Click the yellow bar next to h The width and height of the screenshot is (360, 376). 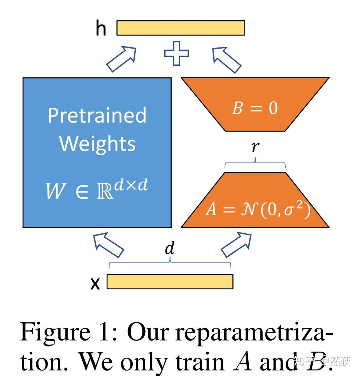point(181,28)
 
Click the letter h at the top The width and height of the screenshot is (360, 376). point(101,28)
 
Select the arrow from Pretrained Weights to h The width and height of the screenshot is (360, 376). point(121,59)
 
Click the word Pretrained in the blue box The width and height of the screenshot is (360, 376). point(97,115)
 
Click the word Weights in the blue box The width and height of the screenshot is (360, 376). point(97,143)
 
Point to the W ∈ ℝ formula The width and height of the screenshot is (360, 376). point(97,190)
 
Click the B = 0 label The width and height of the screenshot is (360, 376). point(255,108)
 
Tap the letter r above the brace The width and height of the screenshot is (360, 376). point(255,147)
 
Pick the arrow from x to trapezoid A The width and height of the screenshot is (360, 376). point(236,245)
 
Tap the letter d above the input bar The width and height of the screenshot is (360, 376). point(170,249)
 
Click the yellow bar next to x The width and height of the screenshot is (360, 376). point(170,282)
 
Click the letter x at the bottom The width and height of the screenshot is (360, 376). point(95,284)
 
